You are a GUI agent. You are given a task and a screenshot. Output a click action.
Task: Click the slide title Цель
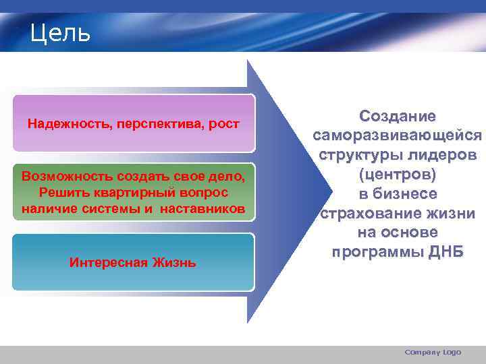pos(60,33)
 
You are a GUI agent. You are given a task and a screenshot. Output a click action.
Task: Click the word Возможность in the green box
pos(61,177)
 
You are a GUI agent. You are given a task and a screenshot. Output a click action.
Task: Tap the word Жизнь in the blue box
pos(173,262)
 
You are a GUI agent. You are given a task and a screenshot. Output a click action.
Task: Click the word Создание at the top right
pos(398,117)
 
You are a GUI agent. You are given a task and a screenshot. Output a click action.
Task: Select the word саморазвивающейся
pos(398,135)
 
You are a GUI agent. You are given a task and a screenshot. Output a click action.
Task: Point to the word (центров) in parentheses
pos(398,175)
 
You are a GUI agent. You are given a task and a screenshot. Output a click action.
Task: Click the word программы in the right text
pos(375,252)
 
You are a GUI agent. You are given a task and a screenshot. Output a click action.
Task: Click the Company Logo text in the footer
pos(433,352)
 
